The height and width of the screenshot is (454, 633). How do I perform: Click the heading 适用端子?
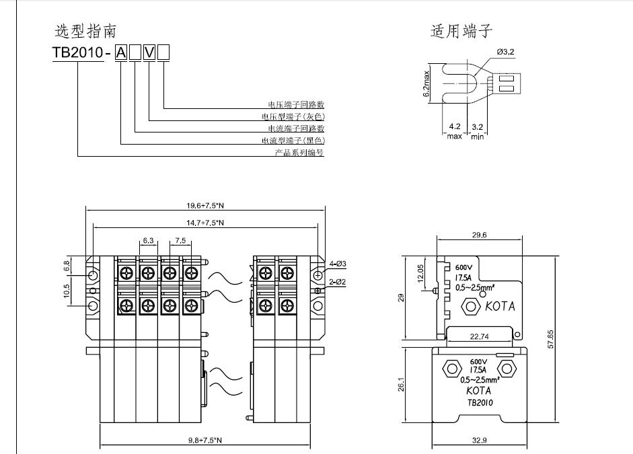pos(461,31)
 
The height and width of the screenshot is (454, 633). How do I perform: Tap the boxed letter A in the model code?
pos(120,52)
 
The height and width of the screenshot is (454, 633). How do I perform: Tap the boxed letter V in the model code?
pos(149,52)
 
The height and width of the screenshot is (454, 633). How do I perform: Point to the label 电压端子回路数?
pos(296,105)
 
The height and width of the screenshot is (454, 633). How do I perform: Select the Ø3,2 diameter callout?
pos(505,52)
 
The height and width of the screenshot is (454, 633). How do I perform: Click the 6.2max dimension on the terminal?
pos(426,83)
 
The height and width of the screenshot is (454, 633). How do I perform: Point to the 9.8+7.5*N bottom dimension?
pos(203,441)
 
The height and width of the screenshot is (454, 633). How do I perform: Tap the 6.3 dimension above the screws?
pos(148,240)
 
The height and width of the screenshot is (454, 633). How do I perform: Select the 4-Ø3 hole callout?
pos(337,263)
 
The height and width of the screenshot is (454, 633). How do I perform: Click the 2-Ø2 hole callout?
pos(337,282)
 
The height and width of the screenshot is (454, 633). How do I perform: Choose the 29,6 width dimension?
pos(479,235)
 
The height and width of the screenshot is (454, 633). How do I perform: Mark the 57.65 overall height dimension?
pos(550,340)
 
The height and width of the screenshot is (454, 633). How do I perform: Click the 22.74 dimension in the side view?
pos(478,336)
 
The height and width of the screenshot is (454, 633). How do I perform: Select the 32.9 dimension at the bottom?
pos(479,441)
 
